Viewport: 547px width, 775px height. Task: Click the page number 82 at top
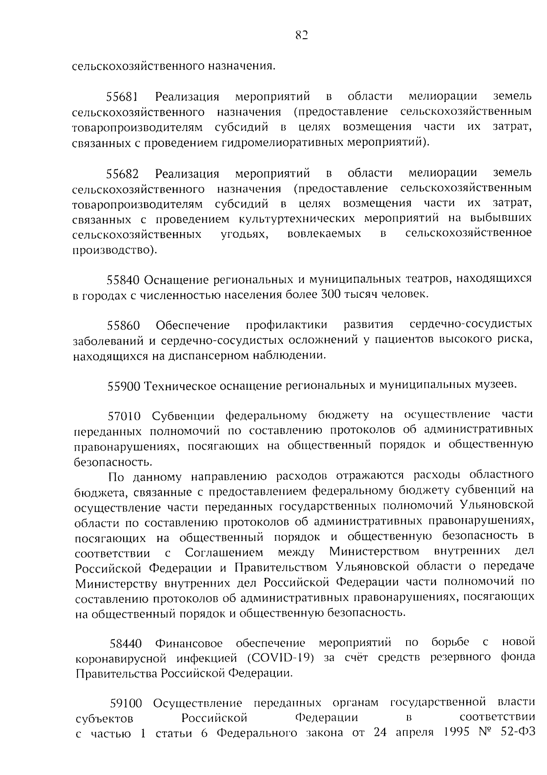tap(301, 36)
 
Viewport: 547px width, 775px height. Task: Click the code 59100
tap(126, 704)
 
